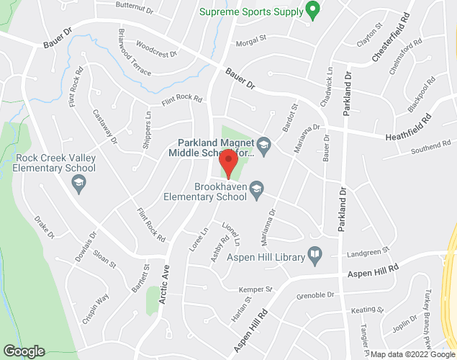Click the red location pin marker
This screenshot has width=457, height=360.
click(x=229, y=163)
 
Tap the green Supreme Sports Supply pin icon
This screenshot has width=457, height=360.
click(x=312, y=10)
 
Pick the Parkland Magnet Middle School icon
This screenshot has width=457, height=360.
click(x=263, y=145)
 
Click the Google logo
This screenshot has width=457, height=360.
click(x=23, y=351)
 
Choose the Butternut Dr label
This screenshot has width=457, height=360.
click(x=135, y=8)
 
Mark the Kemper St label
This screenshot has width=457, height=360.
click(x=255, y=289)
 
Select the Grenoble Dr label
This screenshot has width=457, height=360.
click(x=317, y=295)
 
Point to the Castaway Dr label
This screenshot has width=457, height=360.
click(x=105, y=125)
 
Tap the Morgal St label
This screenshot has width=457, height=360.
click(x=252, y=42)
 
